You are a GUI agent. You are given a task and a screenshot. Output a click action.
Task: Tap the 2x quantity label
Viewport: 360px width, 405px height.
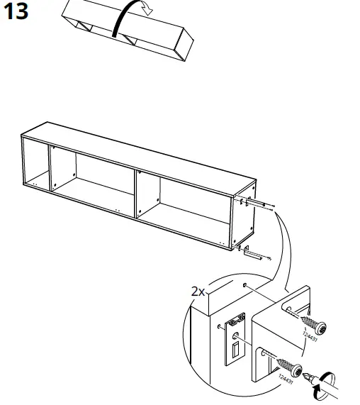coord(198,291)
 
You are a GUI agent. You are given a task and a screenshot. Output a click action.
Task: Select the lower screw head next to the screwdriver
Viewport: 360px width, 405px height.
coord(298,370)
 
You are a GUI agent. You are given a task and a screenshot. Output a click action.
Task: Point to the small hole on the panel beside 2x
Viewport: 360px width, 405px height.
coord(244,286)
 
